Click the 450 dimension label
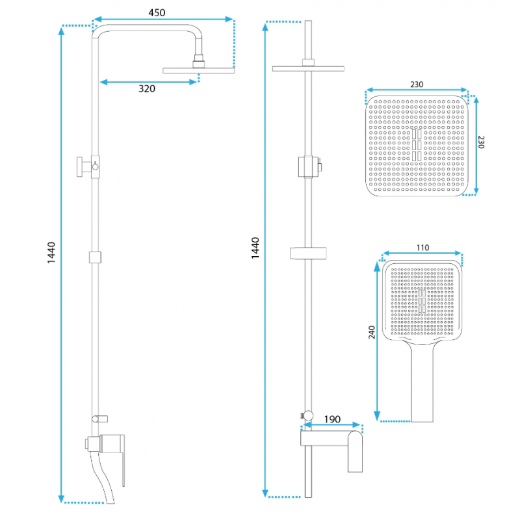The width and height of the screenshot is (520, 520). click(x=157, y=12)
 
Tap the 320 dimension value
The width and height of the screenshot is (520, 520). click(x=147, y=88)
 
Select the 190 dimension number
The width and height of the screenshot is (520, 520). click(x=332, y=419)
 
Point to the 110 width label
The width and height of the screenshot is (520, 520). click(x=422, y=248)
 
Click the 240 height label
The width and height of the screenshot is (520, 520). click(x=372, y=332)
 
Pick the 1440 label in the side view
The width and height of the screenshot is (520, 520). click(x=51, y=253)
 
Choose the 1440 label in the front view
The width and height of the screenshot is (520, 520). click(x=255, y=248)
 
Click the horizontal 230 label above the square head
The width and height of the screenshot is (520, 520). click(x=417, y=84)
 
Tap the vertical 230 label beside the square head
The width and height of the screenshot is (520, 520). click(x=482, y=142)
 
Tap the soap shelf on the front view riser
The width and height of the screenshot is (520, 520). click(x=308, y=253)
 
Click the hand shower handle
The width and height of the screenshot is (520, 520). click(x=422, y=382)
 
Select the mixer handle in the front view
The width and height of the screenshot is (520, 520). click(x=355, y=451)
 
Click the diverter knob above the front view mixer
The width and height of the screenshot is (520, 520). click(x=307, y=415)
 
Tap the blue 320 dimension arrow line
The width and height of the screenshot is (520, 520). click(x=148, y=82)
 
